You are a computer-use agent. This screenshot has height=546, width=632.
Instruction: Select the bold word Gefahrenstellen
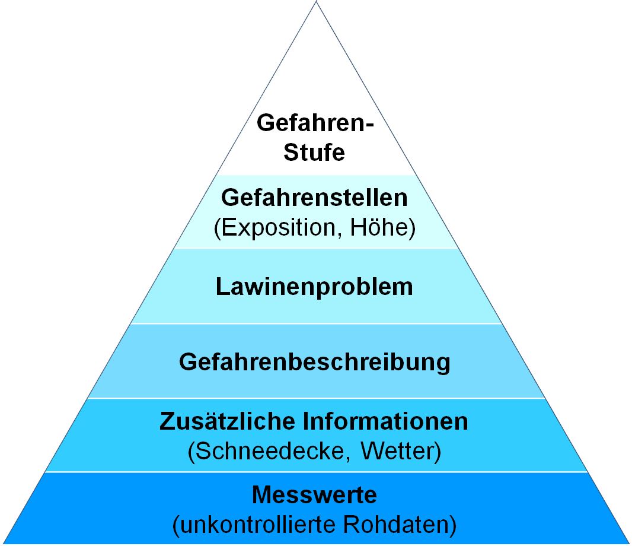coord(314,198)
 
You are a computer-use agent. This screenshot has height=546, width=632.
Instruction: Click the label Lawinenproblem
coord(314,287)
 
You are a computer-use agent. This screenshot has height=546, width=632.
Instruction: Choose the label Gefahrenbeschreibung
coord(314,361)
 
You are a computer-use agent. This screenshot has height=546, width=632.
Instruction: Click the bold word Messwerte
coord(314,494)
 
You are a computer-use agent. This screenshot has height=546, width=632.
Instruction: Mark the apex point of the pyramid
coord(315,2)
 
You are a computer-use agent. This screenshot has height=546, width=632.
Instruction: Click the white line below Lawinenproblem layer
coord(315,323)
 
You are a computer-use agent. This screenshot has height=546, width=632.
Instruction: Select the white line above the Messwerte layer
coord(315,472)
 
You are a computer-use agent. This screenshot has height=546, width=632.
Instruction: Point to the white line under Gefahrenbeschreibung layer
coord(315,398)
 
